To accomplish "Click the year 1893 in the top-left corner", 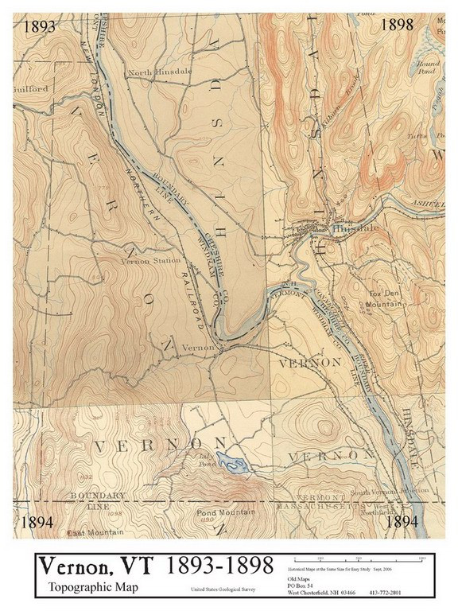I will (39, 25).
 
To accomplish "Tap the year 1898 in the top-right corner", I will (397, 25).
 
